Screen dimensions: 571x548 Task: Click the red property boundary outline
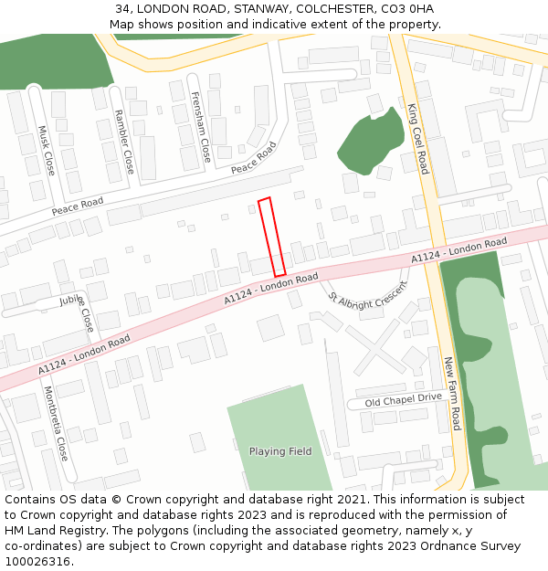tap(272, 237)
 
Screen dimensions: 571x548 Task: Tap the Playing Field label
tap(280, 451)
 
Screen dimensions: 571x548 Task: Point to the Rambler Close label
tap(123, 142)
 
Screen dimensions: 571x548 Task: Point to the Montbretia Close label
tap(56, 423)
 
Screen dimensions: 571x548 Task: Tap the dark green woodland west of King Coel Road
tap(371, 144)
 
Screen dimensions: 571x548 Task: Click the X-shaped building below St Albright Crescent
tap(372, 346)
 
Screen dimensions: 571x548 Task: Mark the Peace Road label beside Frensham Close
tap(253, 158)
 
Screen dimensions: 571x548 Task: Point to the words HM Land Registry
tap(48, 530)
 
